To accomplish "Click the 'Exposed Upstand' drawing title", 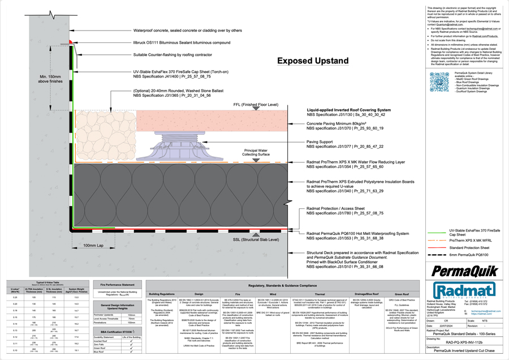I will point(313,61).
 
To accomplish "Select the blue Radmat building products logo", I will point(457,287).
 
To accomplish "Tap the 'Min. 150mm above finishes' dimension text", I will point(50,79).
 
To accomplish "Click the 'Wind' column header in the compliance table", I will point(274,294).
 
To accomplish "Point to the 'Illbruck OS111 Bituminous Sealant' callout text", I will point(182,42).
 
